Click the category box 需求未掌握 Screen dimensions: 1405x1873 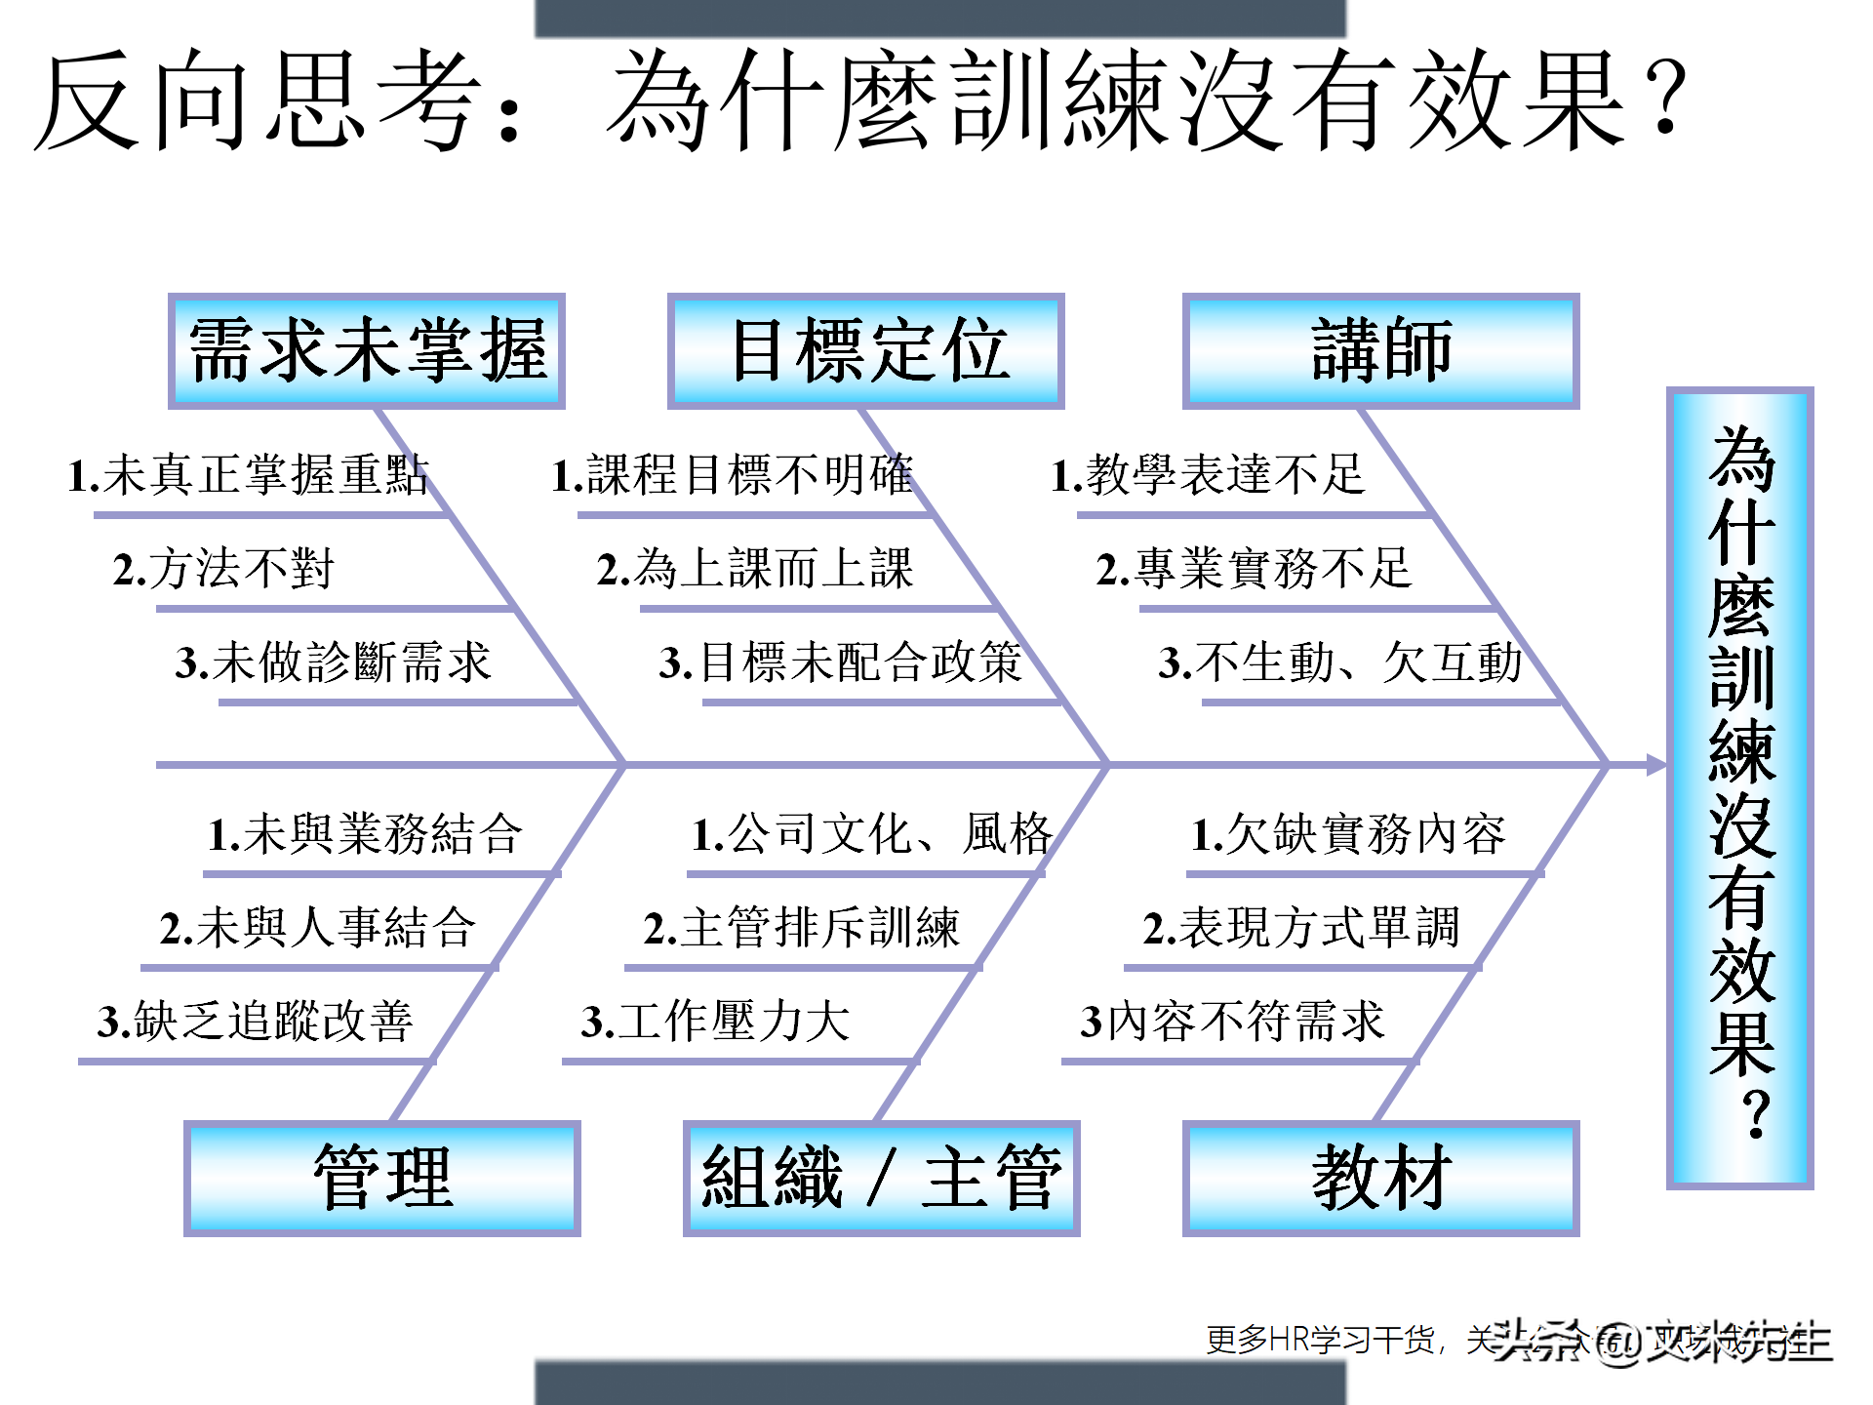click(x=367, y=351)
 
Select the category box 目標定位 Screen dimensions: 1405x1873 click(x=866, y=351)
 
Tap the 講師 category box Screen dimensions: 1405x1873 click(x=1381, y=351)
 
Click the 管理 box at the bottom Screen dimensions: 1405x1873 click(x=382, y=1179)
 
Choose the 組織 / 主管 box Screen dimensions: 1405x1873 click(x=882, y=1179)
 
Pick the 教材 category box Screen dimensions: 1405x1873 click(x=1381, y=1179)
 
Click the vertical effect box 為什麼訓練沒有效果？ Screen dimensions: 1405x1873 click(x=1740, y=788)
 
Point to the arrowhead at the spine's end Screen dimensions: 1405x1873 click(x=1656, y=766)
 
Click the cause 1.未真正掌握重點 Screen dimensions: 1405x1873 click(x=248, y=475)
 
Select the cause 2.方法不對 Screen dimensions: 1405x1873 click(x=224, y=569)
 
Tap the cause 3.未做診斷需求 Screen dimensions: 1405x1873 click(x=334, y=662)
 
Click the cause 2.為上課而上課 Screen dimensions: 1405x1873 click(x=755, y=569)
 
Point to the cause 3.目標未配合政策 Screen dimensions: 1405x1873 click(x=841, y=662)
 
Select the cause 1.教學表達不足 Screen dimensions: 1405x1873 click(x=1208, y=475)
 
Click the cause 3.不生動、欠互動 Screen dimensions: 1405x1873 click(x=1340, y=662)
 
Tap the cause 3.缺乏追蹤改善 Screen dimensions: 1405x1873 click(x=256, y=1022)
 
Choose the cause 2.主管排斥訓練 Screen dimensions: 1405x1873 click(x=802, y=928)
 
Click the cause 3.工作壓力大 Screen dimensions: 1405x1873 click(x=716, y=1022)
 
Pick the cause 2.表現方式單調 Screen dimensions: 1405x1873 click(x=1301, y=928)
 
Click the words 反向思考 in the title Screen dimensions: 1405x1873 click(x=259, y=100)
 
